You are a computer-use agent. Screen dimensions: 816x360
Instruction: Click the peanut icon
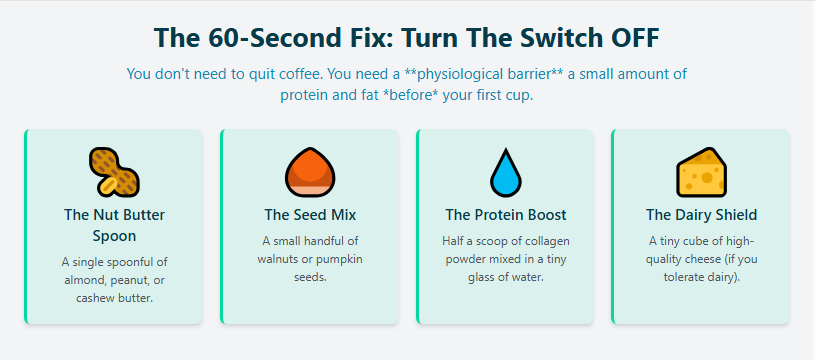click(114, 172)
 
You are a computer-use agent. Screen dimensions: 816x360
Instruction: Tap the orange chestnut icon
click(310, 172)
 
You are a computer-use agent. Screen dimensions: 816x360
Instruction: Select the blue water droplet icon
click(506, 172)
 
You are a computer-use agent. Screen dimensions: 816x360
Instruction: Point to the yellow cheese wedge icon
click(702, 172)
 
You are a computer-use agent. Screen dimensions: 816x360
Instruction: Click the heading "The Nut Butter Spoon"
click(114, 225)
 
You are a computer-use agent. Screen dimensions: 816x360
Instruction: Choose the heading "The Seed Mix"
click(310, 215)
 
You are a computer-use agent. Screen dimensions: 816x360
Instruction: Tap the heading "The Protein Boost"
click(506, 215)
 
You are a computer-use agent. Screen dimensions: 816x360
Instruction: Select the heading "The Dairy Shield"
click(702, 215)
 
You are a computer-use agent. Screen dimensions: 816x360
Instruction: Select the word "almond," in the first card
click(85, 280)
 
